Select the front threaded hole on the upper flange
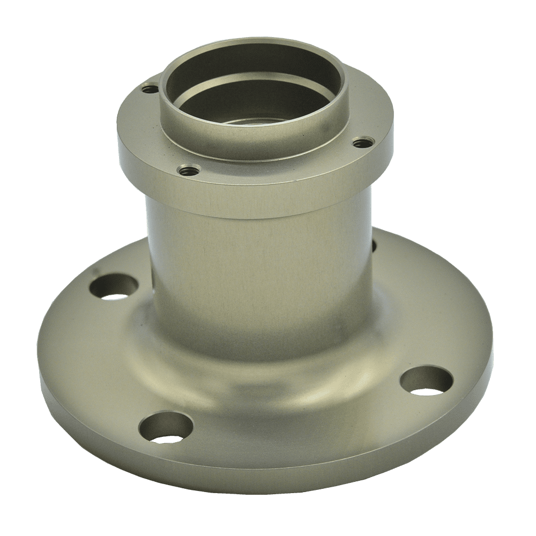coord(188,170)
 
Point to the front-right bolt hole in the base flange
coord(426,381)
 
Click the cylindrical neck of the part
coord(257,268)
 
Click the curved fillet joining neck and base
coord(257,370)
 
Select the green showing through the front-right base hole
coord(429,390)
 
